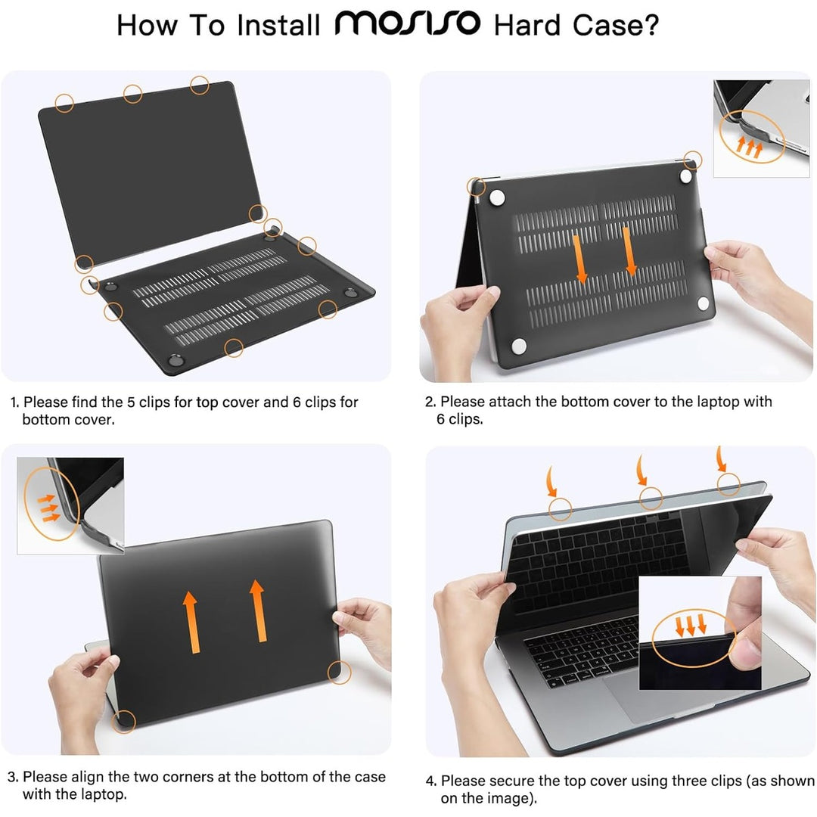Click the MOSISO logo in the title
click(x=407, y=25)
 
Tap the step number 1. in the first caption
click(x=14, y=402)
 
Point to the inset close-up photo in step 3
click(x=70, y=505)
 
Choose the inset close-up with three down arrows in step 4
click(x=700, y=633)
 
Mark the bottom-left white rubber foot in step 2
click(x=519, y=346)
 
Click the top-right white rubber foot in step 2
click(x=685, y=176)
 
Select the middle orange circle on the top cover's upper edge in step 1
click(x=133, y=94)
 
